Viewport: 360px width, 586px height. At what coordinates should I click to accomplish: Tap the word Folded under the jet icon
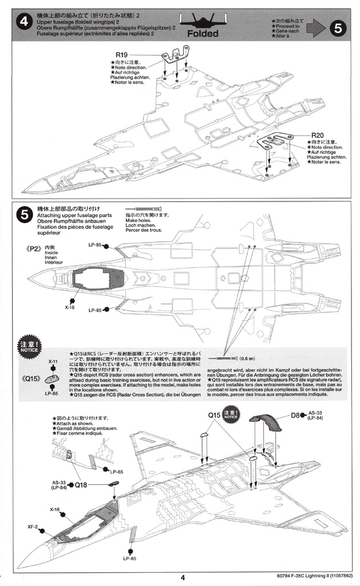click(203, 33)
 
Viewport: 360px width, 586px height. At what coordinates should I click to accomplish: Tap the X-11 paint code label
click(53, 362)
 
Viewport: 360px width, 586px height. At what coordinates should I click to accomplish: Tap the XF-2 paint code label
click(32, 526)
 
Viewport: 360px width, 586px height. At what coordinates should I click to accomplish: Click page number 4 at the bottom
click(181, 578)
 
